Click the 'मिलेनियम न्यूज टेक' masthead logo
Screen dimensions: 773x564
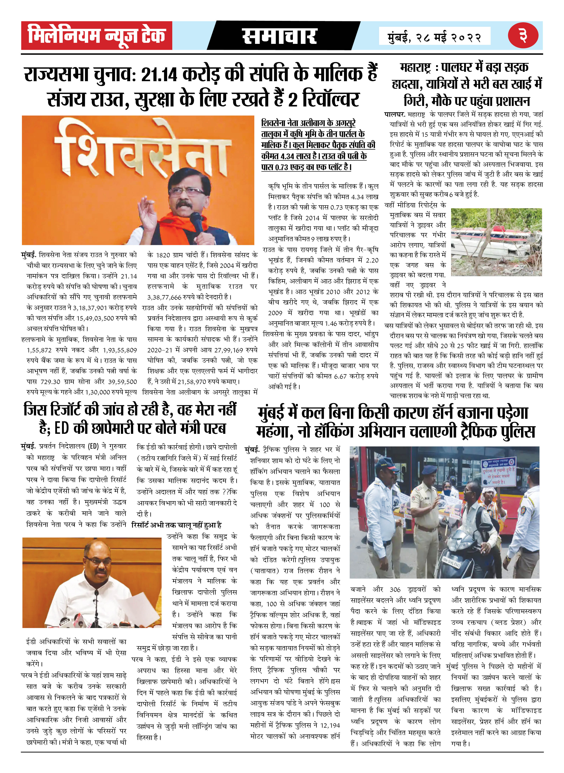tap(97, 36)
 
